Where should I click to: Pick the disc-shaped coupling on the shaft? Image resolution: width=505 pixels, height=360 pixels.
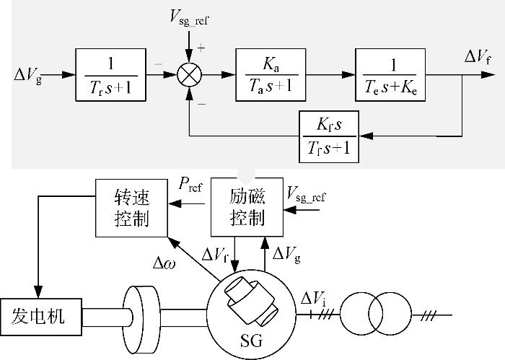[143, 315]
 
